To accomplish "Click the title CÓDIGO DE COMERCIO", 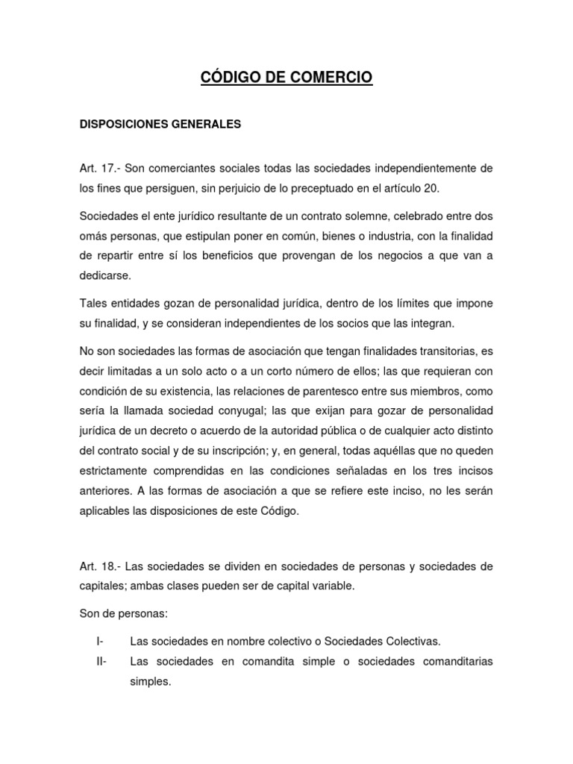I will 286,77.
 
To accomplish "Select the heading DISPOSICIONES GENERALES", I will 160,125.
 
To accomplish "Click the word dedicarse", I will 105,275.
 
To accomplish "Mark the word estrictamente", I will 122,471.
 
